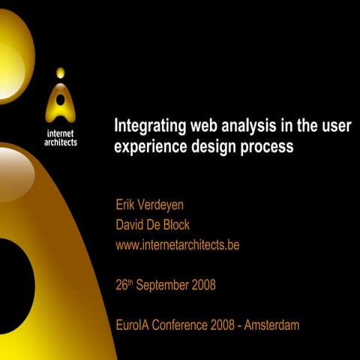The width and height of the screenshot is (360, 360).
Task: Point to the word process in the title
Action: [268, 146]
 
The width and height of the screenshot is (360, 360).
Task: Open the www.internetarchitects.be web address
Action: [177, 244]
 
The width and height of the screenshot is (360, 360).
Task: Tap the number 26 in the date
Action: [122, 285]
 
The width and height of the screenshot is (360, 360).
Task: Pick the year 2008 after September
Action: [203, 285]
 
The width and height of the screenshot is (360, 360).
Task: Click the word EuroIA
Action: [133, 325]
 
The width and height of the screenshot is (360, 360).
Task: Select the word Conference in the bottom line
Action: [183, 325]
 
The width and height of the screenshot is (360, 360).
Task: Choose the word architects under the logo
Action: [61, 142]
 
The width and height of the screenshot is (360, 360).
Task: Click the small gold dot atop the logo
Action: [60, 73]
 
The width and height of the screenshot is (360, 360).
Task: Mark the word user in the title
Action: [335, 124]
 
